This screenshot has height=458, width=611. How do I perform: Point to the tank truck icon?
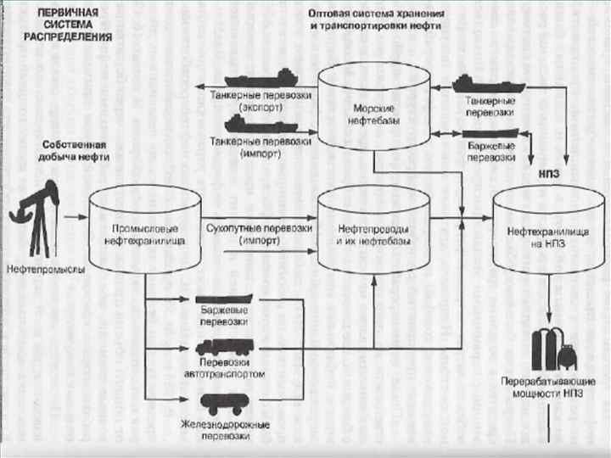pos(223,349)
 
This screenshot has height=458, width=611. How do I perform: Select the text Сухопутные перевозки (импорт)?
pos(260,235)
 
